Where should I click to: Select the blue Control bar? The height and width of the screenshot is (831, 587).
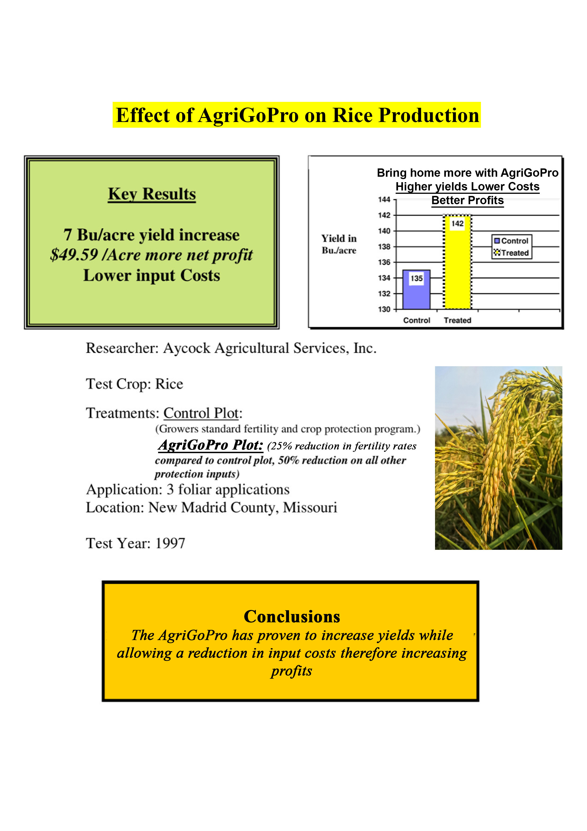(416, 289)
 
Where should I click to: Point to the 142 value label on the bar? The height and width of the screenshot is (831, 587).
(458, 224)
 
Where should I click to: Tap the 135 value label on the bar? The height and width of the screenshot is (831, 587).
(417, 278)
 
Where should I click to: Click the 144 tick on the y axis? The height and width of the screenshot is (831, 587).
(384, 199)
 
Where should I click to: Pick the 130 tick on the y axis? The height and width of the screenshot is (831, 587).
(384, 309)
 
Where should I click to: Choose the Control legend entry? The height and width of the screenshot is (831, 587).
(511, 241)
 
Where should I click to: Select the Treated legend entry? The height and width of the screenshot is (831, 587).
(511, 253)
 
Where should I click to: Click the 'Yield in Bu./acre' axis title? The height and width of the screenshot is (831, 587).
(339, 244)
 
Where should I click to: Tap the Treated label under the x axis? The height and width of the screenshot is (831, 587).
(458, 320)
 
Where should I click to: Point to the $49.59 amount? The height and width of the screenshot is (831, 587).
(74, 255)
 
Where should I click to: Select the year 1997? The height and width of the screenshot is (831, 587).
(170, 543)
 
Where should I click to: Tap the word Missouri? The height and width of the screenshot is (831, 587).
(310, 507)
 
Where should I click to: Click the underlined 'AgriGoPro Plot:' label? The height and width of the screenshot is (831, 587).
(210, 445)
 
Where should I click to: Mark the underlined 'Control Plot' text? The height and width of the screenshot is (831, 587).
(201, 413)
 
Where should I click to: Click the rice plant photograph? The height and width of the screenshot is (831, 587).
(498, 458)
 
